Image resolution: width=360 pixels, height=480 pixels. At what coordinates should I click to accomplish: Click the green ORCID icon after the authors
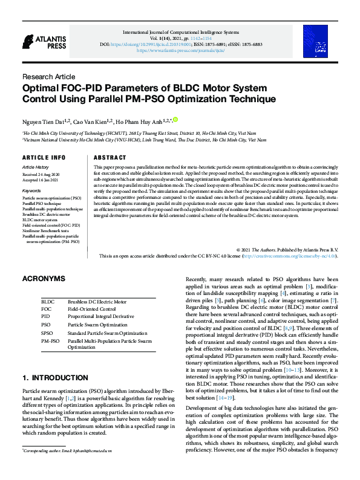(x=176, y=120)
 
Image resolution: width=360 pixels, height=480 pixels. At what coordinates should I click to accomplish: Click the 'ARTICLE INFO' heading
(x=44, y=158)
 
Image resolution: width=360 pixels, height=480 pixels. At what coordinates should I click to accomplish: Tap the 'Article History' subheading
(x=35, y=166)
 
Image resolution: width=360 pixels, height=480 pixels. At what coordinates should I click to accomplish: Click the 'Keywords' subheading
(x=31, y=190)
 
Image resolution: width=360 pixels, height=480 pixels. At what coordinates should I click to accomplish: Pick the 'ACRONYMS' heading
(x=43, y=279)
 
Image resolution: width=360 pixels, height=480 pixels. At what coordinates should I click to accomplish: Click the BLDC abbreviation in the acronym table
(x=48, y=300)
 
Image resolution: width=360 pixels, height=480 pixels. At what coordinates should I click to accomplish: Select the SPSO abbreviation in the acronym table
(x=47, y=332)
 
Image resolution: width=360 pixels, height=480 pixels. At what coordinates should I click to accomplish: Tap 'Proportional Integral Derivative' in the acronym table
(x=101, y=316)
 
